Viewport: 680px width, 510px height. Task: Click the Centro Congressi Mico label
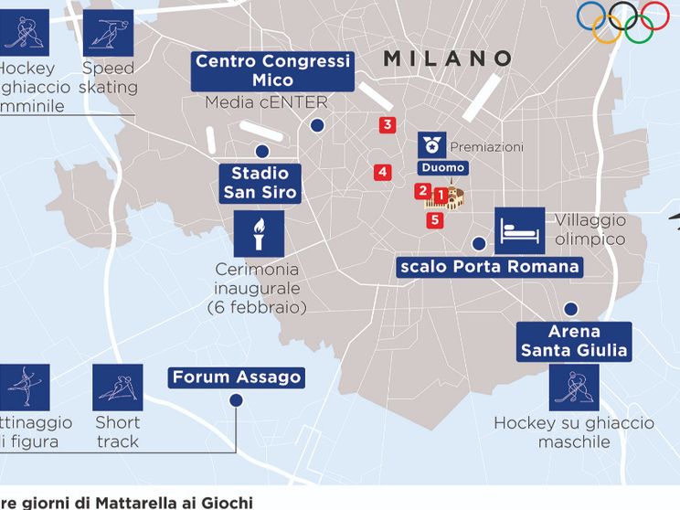pyautogui.click(x=273, y=70)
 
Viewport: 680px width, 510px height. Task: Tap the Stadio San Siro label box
pyautogui.click(x=260, y=183)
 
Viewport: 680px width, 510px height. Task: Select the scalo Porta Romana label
pyautogui.click(x=490, y=267)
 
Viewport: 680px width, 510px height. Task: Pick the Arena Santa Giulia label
pyautogui.click(x=574, y=340)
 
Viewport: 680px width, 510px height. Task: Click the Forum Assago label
pyautogui.click(x=237, y=377)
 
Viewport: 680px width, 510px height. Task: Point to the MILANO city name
pyautogui.click(x=448, y=58)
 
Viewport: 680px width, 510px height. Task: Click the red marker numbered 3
pyautogui.click(x=388, y=125)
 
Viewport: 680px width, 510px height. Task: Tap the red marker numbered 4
pyautogui.click(x=382, y=172)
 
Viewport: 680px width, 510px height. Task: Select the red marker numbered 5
pyautogui.click(x=434, y=219)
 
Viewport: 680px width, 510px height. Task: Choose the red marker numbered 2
pyautogui.click(x=422, y=191)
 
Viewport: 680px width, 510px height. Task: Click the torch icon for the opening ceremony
pyautogui.click(x=259, y=234)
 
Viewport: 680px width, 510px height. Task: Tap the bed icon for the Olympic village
pyautogui.click(x=519, y=230)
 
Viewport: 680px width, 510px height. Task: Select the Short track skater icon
pyautogui.click(x=118, y=387)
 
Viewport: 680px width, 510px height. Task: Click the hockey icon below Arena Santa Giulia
pyautogui.click(x=574, y=388)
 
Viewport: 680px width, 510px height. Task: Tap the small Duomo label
pyautogui.click(x=443, y=168)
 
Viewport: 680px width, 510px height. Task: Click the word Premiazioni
pyautogui.click(x=487, y=147)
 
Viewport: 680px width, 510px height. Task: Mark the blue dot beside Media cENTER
pyautogui.click(x=317, y=127)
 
